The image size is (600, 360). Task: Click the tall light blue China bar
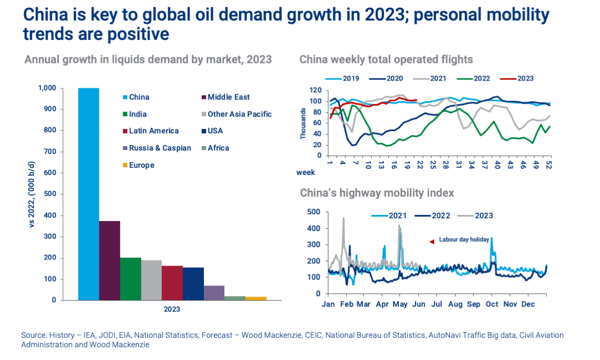(x=89, y=194)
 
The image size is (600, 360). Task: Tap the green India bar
(x=131, y=278)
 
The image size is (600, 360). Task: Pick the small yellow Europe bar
(x=256, y=298)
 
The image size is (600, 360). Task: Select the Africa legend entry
(x=218, y=148)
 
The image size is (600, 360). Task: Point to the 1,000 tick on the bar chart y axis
(x=47, y=88)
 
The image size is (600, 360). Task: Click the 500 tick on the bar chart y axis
(x=51, y=194)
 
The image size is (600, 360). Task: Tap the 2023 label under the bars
(x=172, y=309)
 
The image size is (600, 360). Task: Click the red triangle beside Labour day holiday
(x=431, y=241)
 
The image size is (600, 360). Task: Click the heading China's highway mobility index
(x=377, y=193)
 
